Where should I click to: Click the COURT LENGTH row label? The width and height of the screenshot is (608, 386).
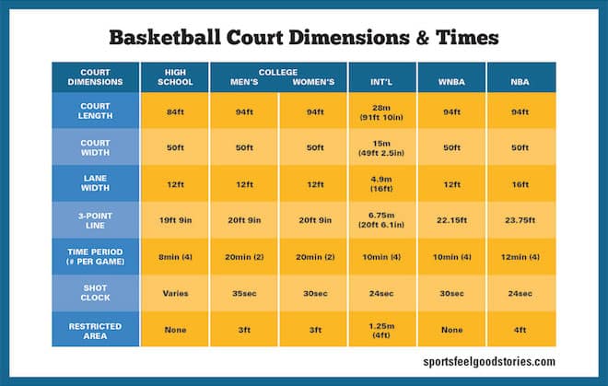[96, 111]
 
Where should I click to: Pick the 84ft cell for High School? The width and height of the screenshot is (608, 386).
[175, 111]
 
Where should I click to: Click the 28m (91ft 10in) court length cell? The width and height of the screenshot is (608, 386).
[381, 111]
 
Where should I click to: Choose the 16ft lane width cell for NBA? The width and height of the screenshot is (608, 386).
[520, 183]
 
